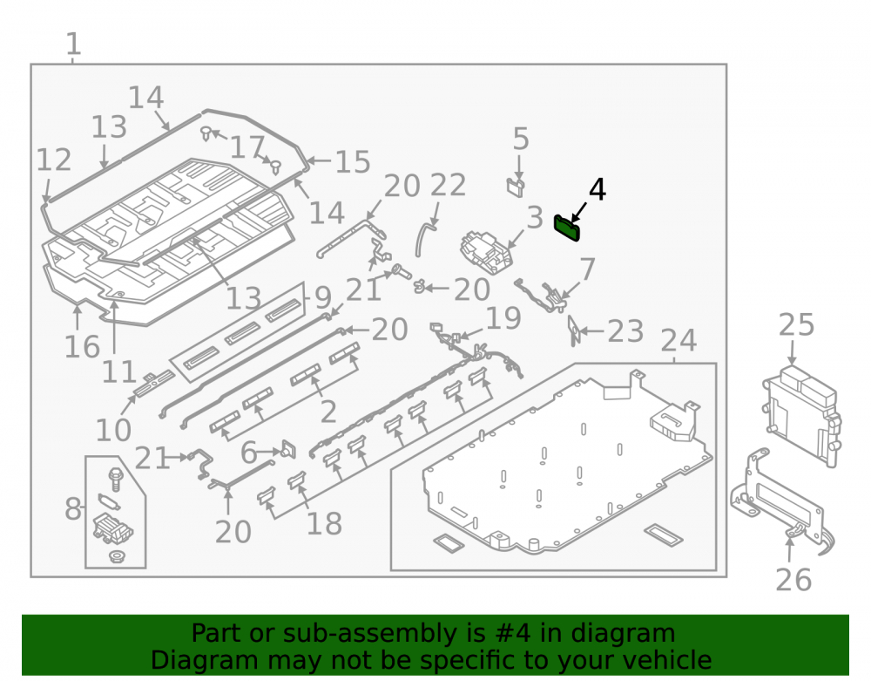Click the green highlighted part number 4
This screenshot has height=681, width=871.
coord(567,228)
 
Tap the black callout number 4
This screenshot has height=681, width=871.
coord(597,190)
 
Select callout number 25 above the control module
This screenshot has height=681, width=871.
coord(796,324)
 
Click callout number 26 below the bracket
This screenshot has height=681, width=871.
coord(793,580)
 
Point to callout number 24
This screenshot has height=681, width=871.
coord(679,340)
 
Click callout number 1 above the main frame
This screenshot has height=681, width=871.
coord(74,44)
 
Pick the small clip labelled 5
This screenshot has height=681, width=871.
coord(516,187)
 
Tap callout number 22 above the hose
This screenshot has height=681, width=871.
coord(448,185)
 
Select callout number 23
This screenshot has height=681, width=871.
coord(625,332)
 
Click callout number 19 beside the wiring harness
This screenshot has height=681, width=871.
coord(503,318)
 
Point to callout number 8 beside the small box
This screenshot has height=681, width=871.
coord(73,508)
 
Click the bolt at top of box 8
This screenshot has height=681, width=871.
coord(116,480)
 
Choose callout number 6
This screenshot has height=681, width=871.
coord(248,453)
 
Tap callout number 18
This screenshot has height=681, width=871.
coord(324,524)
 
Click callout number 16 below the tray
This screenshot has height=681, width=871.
coord(82,347)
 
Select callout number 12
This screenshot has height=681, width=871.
coord(54,160)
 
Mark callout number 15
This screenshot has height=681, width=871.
coord(353,162)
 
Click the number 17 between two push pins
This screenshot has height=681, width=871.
coord(246,147)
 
